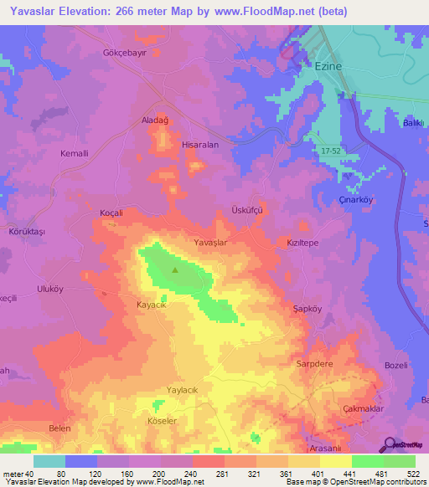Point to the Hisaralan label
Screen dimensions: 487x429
[200, 145]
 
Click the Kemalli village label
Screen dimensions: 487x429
[74, 154]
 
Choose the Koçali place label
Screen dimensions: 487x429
[111, 213]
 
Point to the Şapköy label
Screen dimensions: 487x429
[308, 308]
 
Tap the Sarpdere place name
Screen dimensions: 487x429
[315, 365]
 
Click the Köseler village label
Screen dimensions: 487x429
[162, 421]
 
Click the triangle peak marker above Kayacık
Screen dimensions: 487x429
[175, 270]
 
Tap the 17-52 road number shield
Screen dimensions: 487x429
[331, 150]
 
